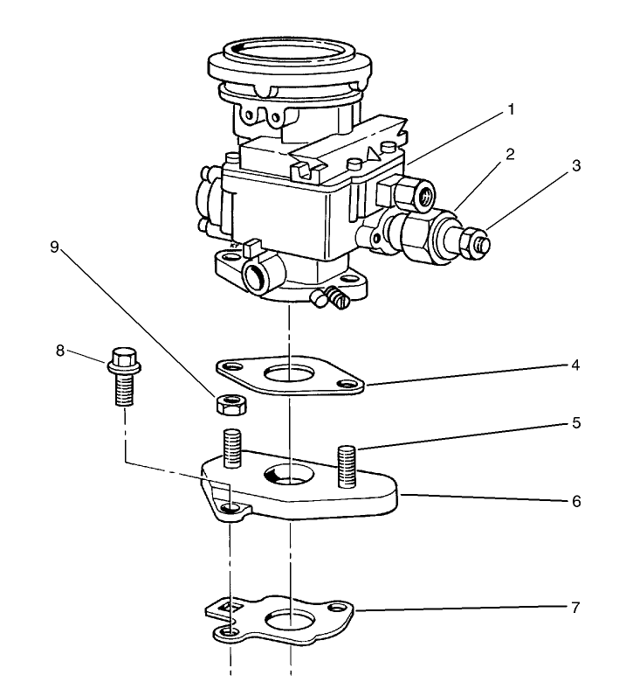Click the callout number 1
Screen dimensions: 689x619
coord(512,110)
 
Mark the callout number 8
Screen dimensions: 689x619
coord(60,351)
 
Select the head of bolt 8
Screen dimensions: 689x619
coord(124,359)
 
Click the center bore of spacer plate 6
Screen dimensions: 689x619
coord(288,475)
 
